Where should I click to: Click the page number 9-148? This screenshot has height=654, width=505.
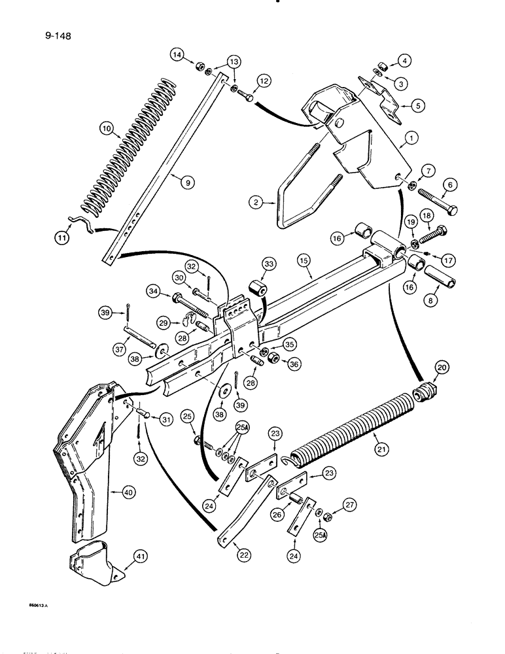(x=57, y=37)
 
